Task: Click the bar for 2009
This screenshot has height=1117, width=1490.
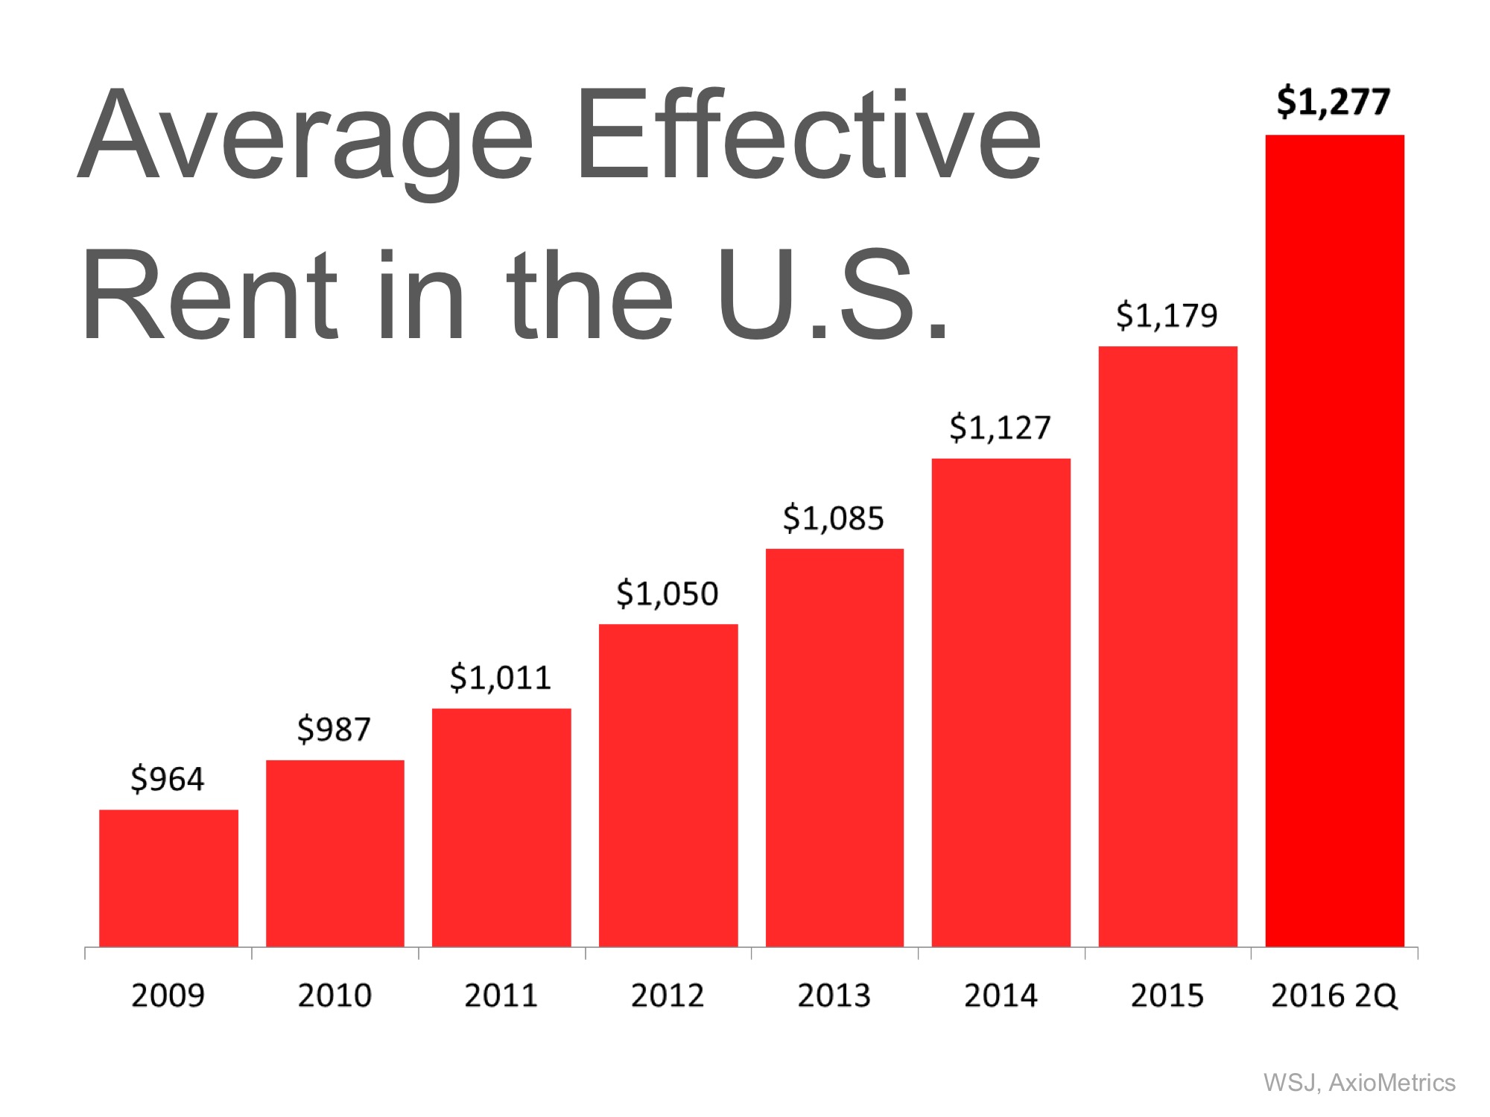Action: click(168, 878)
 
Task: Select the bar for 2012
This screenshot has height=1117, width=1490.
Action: click(668, 786)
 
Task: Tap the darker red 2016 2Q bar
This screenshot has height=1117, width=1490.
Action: click(1334, 541)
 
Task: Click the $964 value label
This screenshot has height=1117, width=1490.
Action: click(167, 780)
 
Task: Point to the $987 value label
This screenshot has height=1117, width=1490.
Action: click(334, 729)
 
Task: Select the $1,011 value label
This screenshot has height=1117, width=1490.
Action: click(500, 678)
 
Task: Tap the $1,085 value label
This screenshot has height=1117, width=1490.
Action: click(833, 518)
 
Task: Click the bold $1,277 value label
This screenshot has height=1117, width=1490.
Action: click(1333, 102)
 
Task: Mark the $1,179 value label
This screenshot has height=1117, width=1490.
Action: click(1167, 316)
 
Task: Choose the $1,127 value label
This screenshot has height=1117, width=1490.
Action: click(1000, 428)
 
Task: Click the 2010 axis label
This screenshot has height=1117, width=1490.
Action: click(335, 996)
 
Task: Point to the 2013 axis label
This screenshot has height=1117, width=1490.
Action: click(834, 996)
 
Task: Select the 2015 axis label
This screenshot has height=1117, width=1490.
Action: click(1167, 996)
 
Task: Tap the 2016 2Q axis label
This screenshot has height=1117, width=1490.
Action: click(1334, 996)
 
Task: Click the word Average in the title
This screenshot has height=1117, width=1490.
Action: click(305, 138)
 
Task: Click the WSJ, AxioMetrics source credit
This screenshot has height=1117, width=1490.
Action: click(1359, 1083)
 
